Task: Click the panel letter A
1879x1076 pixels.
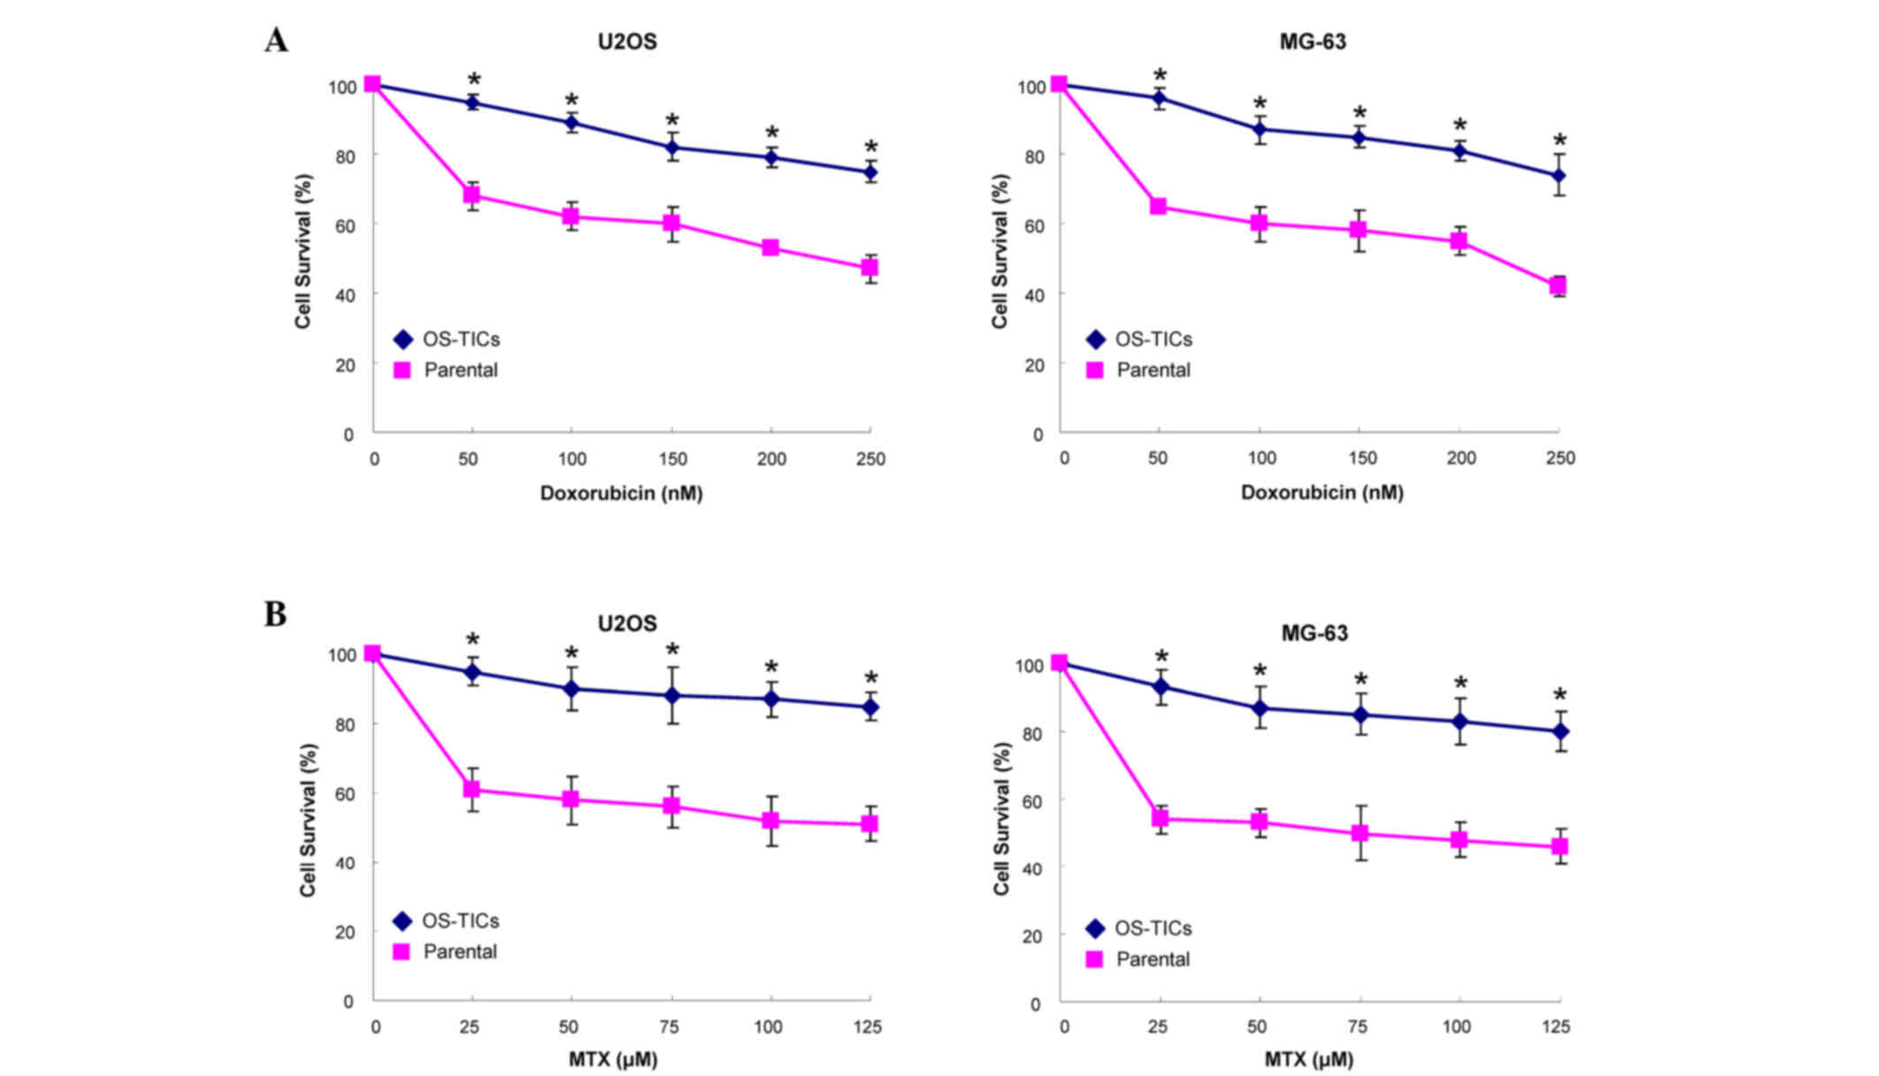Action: (x=276, y=41)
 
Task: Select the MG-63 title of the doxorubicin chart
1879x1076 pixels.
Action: (x=1312, y=42)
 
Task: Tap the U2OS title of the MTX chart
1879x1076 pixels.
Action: (x=627, y=623)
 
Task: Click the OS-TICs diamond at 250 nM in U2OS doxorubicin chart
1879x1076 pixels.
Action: (x=871, y=172)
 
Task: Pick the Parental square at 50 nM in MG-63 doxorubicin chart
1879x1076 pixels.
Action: (x=1158, y=206)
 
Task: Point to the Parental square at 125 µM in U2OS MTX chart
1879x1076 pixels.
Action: (x=870, y=824)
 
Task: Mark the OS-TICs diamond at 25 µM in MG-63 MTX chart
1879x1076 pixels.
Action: (x=1160, y=687)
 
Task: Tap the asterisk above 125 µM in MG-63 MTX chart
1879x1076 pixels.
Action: (x=1560, y=696)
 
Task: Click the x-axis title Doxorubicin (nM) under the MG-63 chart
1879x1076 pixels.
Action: (x=1321, y=492)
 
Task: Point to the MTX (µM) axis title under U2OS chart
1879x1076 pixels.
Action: (x=612, y=1058)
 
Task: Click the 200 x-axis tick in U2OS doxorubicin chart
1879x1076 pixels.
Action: (x=772, y=459)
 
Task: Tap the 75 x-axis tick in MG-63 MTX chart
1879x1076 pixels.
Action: (x=1357, y=1026)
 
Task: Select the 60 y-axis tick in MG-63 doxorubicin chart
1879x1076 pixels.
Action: (x=1033, y=225)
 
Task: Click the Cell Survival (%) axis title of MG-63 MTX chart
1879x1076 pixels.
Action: (x=1000, y=819)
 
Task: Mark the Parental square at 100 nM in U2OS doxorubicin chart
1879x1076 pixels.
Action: (x=571, y=217)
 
